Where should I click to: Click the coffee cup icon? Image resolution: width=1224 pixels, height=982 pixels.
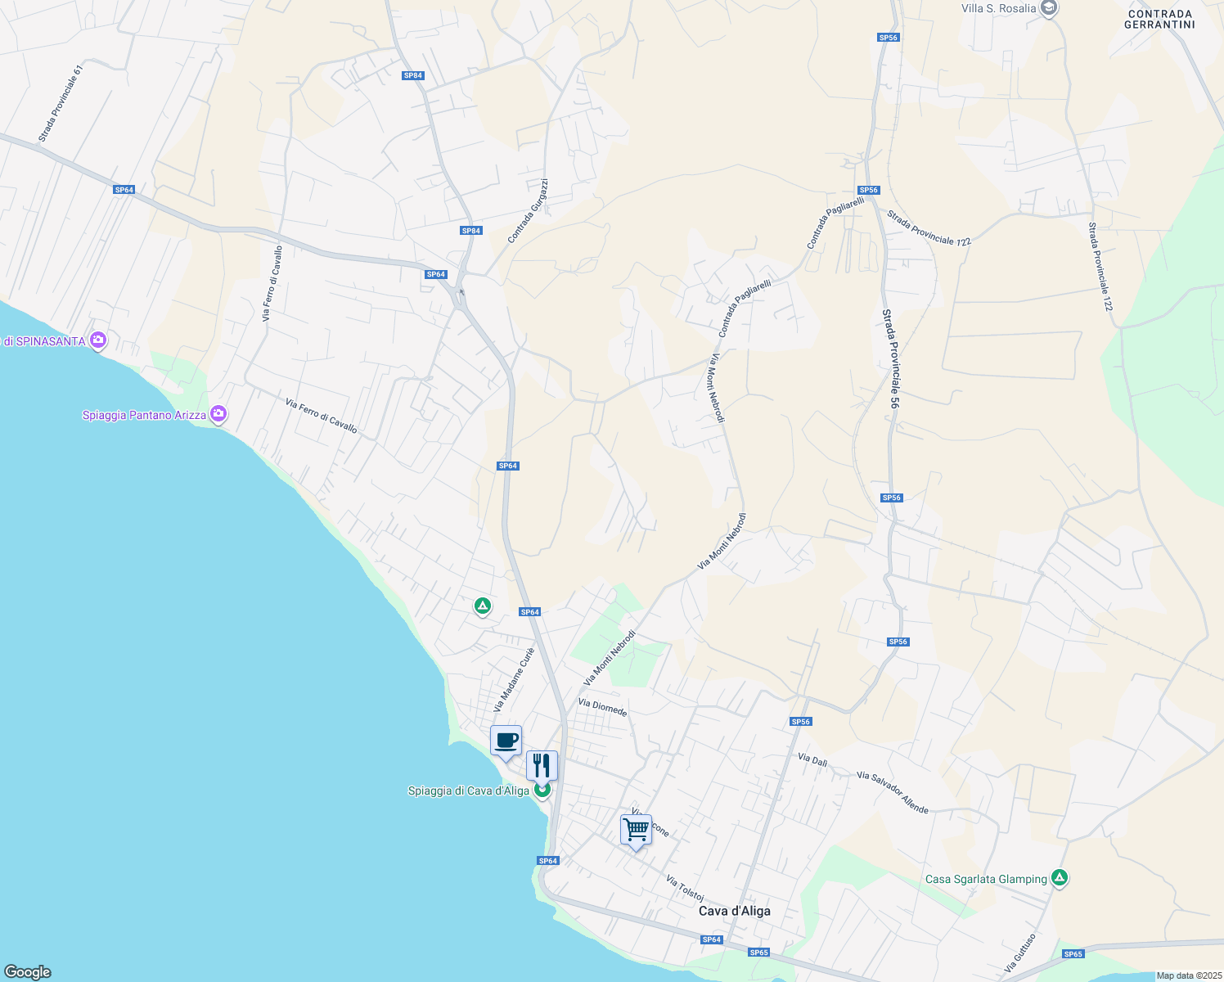tap(506, 741)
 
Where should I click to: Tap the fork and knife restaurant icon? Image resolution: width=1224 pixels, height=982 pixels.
tap(542, 766)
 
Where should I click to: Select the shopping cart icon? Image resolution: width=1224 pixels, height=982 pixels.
tap(636, 830)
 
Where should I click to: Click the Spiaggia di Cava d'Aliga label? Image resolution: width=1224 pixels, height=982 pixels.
tap(468, 791)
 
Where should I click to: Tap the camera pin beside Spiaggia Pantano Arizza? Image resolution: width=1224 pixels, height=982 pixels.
tap(218, 414)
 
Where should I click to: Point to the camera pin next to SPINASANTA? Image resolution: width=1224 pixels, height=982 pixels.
tap(98, 340)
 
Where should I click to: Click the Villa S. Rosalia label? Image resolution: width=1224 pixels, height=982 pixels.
tap(998, 8)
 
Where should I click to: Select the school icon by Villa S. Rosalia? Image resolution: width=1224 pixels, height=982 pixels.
tap(1050, 8)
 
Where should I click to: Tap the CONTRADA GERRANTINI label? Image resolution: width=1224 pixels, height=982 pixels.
tap(1159, 19)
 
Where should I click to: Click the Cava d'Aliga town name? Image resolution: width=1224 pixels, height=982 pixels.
tap(734, 911)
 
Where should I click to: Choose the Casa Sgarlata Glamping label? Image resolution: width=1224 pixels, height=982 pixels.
tap(986, 879)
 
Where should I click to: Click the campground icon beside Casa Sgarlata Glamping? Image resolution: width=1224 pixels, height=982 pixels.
tap(1060, 878)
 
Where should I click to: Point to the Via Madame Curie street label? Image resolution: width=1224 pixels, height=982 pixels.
tap(514, 679)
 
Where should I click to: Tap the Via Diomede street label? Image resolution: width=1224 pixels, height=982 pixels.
tap(602, 707)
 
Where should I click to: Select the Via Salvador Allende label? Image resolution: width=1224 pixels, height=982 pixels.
tap(893, 792)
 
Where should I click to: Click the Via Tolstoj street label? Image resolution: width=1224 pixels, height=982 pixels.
tap(685, 889)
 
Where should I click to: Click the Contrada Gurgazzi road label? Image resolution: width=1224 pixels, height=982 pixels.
tap(528, 211)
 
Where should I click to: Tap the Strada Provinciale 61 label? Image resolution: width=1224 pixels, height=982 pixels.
tap(61, 104)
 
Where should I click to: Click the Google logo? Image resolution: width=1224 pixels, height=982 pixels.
tap(28, 972)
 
